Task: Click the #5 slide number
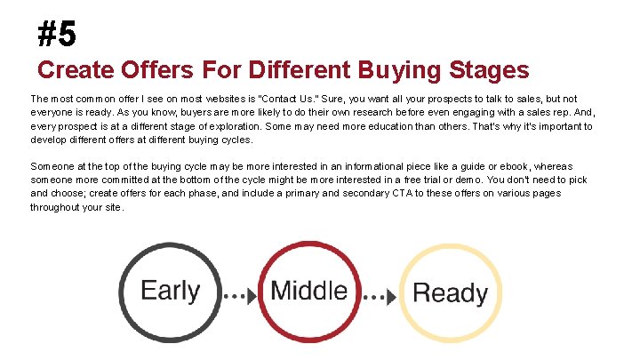(58, 35)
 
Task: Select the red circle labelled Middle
(308, 291)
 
